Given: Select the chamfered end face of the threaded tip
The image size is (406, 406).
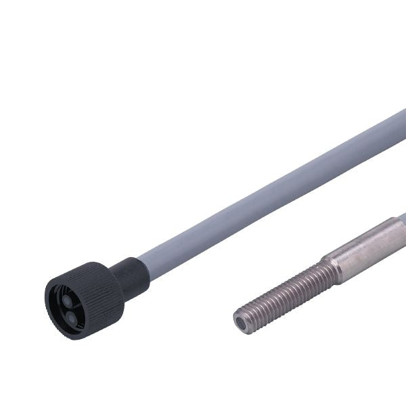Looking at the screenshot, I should coord(244,320).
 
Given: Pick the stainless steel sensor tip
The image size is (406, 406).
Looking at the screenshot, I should coord(318,277).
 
